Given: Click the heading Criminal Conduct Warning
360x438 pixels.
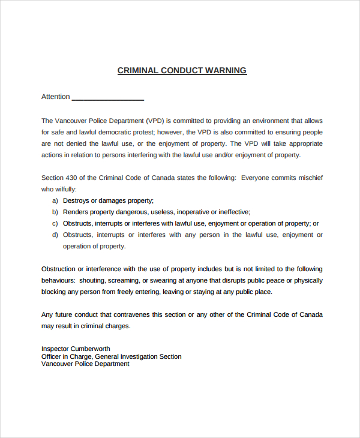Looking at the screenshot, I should tap(182, 70).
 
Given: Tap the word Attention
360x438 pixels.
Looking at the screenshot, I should tap(56, 97).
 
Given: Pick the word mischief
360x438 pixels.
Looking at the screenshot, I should tap(309, 178).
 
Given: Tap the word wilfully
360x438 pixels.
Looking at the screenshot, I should tap(64, 189).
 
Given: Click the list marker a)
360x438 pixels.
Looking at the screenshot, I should tap(55, 200).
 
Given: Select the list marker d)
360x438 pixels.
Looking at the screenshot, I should tap(55, 235).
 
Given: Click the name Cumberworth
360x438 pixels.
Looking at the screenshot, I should tap(91, 349).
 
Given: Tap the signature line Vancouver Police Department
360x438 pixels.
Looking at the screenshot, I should tap(85, 364).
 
